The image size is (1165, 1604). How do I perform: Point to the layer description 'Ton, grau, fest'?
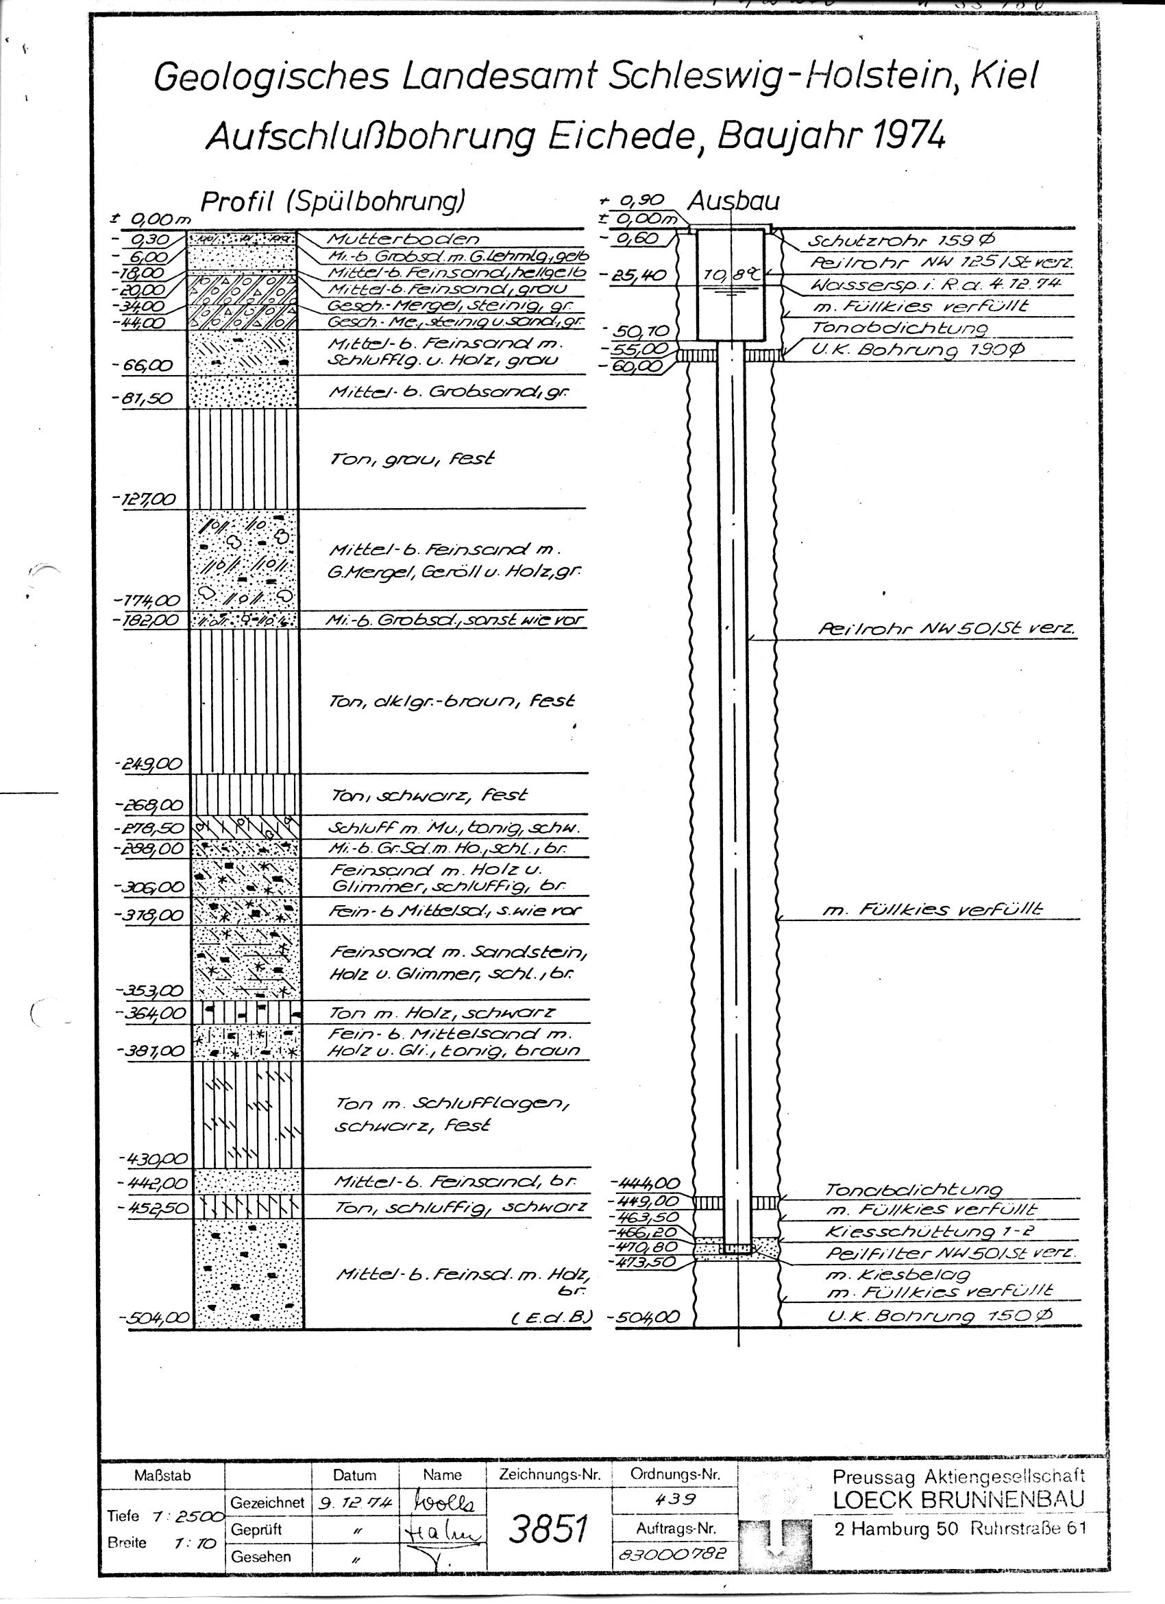pos(412,458)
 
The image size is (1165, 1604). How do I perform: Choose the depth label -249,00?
pos(147,764)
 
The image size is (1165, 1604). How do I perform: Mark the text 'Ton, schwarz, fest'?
pos(430,795)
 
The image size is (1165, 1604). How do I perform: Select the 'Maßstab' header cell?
pos(162,1476)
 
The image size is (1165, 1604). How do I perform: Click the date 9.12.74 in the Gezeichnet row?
pos(354,1500)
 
